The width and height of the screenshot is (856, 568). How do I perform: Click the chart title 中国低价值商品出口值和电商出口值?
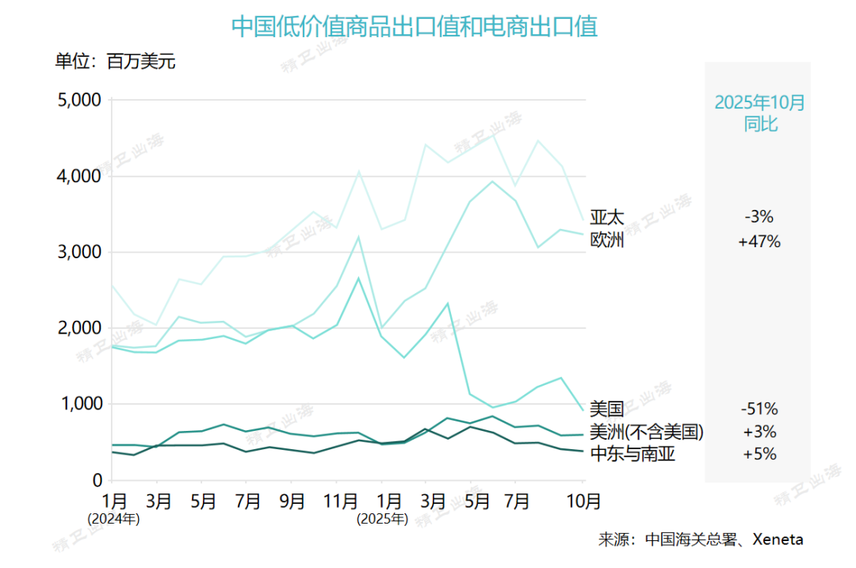coord(414,27)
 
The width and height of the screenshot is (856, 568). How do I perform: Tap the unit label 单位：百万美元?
coord(115,62)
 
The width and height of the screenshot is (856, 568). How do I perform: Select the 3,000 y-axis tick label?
coord(78,252)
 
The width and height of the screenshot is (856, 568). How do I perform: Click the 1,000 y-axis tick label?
coord(78,404)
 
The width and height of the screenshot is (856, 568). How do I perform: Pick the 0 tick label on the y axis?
coord(97,480)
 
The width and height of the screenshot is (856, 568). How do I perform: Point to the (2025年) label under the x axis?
coord(382,520)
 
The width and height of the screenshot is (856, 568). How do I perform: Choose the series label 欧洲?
coord(607,240)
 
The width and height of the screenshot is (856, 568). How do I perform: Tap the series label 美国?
coord(607,410)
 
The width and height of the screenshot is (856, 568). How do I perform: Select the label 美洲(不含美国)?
coord(647,432)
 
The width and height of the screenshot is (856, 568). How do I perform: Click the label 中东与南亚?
coord(632,455)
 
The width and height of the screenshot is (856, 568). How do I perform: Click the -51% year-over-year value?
coord(759,410)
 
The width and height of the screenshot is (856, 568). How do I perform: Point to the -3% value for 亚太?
coord(759,216)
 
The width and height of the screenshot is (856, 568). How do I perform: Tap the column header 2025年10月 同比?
coord(759,113)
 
